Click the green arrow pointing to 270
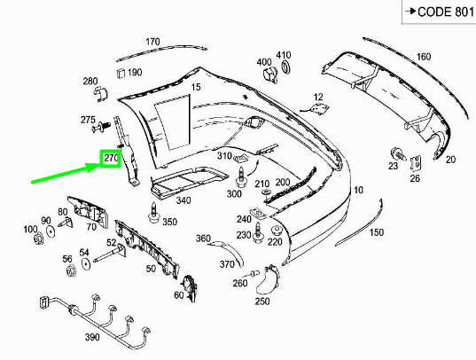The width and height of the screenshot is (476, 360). (66, 174)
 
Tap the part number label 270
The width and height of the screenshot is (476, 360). (111, 159)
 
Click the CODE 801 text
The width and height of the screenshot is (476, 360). (446, 12)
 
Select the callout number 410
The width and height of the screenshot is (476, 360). (284, 55)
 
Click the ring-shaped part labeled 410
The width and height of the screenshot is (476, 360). (286, 67)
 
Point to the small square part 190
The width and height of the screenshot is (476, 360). (121, 73)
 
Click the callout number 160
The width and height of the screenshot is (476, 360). (424, 57)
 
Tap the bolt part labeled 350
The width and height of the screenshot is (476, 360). (154, 213)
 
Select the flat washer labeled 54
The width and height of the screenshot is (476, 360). (86, 263)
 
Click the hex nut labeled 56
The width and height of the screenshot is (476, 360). (71, 270)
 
